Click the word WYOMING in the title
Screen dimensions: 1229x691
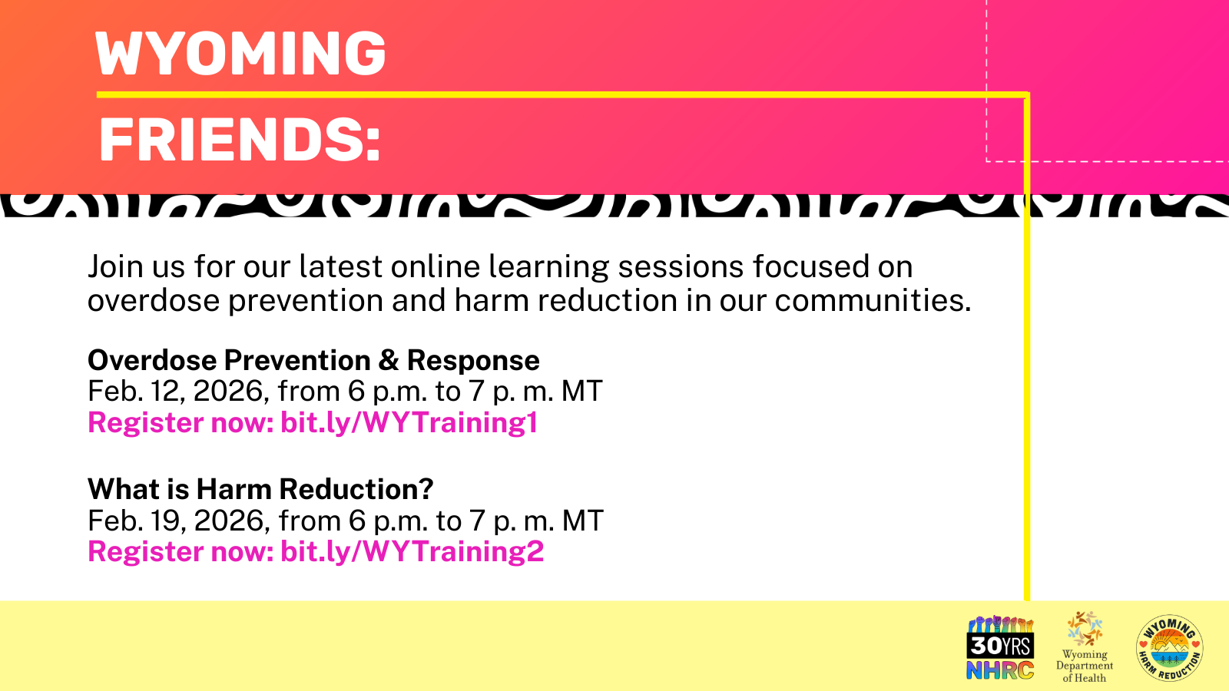240,53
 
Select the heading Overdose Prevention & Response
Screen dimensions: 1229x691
313,360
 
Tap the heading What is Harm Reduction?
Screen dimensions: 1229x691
260,488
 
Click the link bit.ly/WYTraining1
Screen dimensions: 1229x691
409,423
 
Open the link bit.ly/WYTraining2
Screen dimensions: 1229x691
412,552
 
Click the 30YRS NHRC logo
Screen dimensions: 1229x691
1000,648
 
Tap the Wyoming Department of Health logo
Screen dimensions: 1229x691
1085,647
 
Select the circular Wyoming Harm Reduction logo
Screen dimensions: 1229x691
1170,648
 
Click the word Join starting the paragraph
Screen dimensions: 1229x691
116,266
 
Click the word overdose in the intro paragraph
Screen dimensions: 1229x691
154,300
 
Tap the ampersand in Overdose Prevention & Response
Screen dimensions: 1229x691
389,360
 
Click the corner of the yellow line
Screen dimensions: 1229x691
1027,95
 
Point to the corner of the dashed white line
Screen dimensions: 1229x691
986,161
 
